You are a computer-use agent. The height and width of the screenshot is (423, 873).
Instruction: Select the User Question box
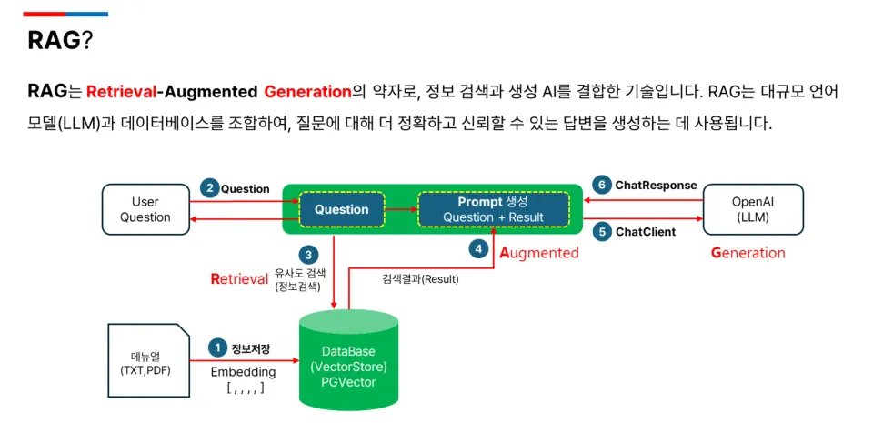(x=145, y=209)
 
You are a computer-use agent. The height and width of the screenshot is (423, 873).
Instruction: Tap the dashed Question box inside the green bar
(x=341, y=209)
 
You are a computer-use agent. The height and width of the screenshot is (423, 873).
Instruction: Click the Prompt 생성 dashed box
(x=493, y=209)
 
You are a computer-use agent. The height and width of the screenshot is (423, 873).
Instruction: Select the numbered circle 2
(x=209, y=188)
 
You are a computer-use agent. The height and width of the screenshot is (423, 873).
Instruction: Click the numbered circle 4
(x=478, y=247)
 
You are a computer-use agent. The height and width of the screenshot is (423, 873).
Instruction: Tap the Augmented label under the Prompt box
(x=539, y=253)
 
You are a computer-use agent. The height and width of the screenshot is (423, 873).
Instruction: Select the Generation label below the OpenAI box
(x=748, y=253)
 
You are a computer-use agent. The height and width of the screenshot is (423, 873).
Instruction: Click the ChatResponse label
(x=656, y=185)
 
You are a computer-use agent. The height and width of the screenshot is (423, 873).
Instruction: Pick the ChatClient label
(x=646, y=232)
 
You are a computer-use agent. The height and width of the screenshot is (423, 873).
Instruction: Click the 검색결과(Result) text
(x=420, y=279)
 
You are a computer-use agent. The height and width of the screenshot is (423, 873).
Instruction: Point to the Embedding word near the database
(x=243, y=372)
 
